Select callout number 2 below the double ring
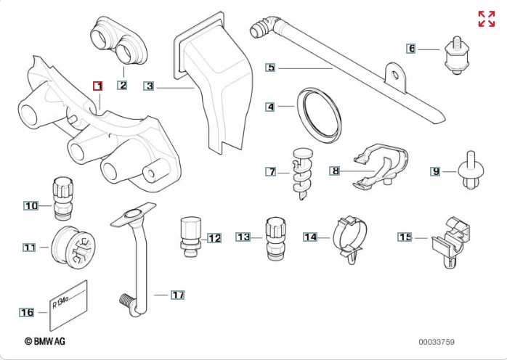pyautogui.click(x=122, y=86)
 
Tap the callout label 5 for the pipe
pyautogui.click(x=270, y=67)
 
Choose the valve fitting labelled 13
pyautogui.click(x=275, y=236)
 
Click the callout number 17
pyautogui.click(x=179, y=295)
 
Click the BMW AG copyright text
pyautogui.click(x=48, y=340)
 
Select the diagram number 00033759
pyautogui.click(x=436, y=340)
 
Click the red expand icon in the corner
pyautogui.click(x=486, y=19)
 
